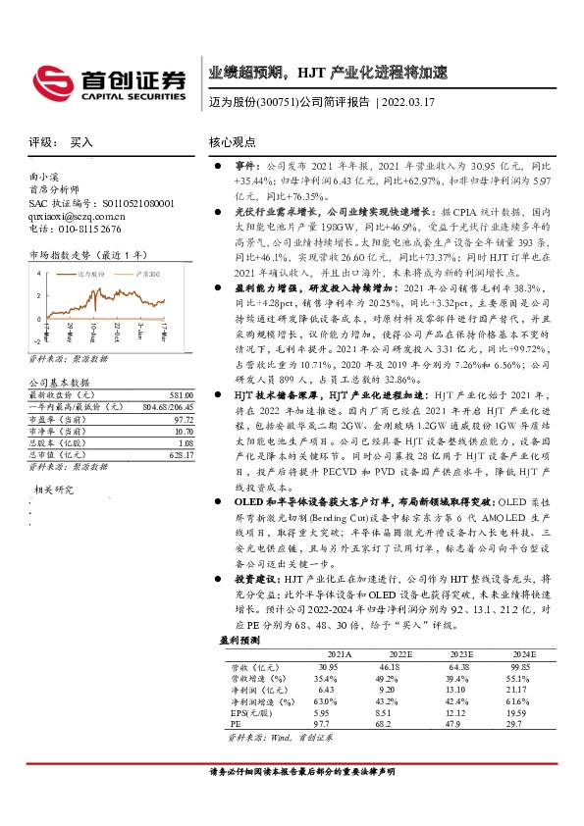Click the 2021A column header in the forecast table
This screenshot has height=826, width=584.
340,651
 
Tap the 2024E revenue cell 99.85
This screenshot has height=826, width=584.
518,666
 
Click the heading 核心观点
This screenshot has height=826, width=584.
232,142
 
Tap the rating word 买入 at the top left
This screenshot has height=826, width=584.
81,142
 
